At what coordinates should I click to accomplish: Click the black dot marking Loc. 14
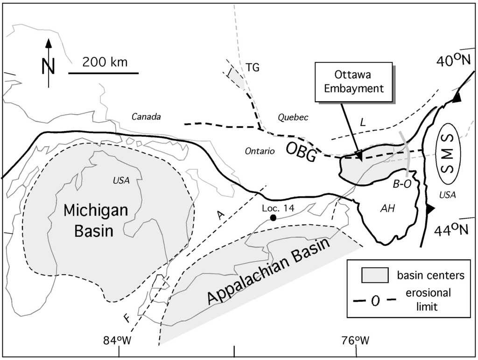[x=273, y=218]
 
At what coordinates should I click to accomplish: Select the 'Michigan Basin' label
[x=96, y=220]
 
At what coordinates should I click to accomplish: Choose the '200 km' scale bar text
[x=105, y=62]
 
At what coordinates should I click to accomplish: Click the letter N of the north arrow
[x=49, y=65]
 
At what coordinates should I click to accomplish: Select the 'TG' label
[x=253, y=68]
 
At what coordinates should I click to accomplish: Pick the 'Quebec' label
[x=294, y=118]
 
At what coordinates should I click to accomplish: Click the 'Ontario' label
[x=258, y=151]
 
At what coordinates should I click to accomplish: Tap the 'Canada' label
[x=146, y=117]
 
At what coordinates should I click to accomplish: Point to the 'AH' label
[x=387, y=209]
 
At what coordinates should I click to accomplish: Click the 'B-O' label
[x=401, y=184]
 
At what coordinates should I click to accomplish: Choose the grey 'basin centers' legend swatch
[x=374, y=275]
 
